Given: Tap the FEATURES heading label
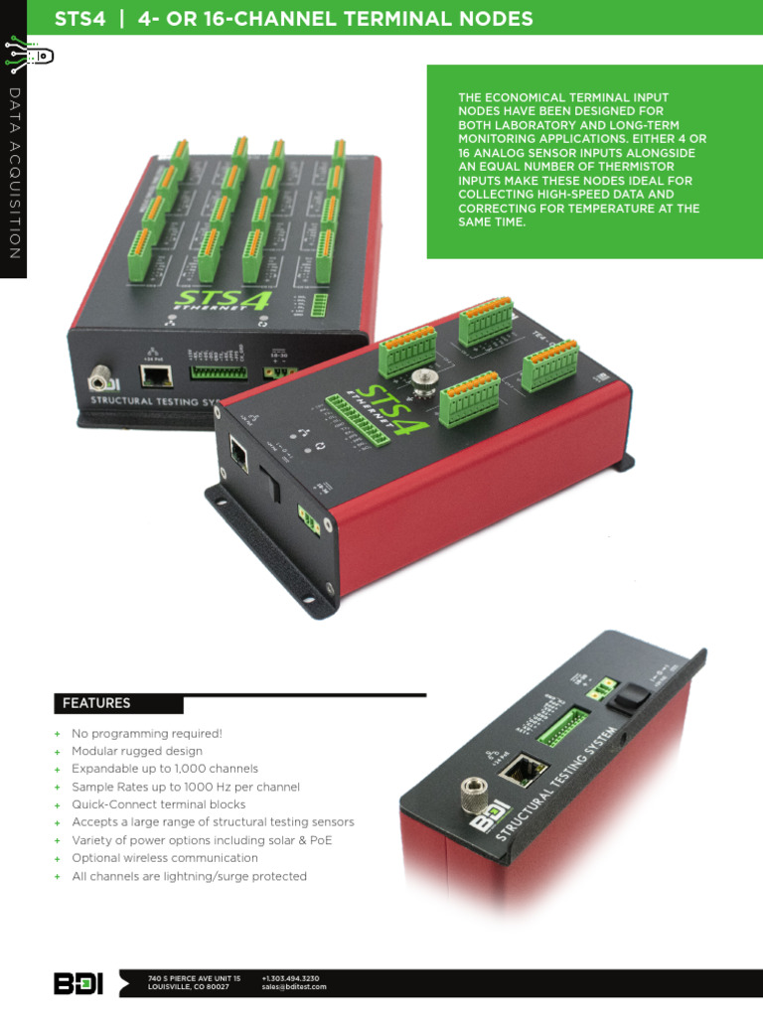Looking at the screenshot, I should [96, 703].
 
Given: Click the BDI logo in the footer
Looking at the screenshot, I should [77, 983].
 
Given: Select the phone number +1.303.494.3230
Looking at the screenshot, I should [290, 978].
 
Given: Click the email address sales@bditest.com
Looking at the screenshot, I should [294, 987].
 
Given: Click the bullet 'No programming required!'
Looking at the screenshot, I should [147, 733].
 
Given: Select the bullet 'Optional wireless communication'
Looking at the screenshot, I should [165, 858].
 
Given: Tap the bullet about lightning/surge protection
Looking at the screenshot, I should [189, 876].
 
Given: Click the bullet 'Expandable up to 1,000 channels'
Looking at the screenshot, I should [165, 769].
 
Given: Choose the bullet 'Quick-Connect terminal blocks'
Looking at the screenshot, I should [159, 804].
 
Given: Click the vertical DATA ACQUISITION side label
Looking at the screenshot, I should [14, 174].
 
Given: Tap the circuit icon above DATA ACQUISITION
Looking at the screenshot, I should [27, 56].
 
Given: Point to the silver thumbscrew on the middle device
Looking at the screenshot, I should [425, 382].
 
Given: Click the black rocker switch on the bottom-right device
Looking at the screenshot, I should [624, 699].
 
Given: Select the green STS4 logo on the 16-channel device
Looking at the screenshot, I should [223, 301].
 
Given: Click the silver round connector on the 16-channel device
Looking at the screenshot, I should [99, 377].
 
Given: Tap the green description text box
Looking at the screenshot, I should [594, 162].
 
